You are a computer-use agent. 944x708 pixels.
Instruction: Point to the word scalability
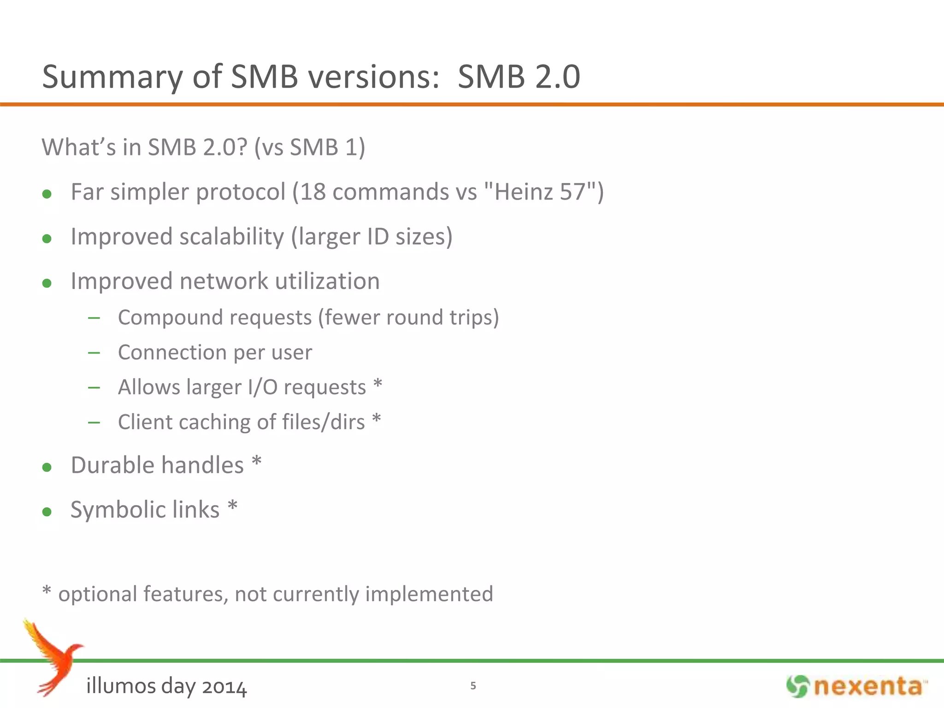pyautogui.click(x=231, y=237)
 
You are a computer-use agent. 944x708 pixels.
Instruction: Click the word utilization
pyautogui.click(x=327, y=281)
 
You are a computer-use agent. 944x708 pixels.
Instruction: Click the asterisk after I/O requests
pyautogui.click(x=378, y=384)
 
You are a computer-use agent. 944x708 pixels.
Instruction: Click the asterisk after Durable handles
pyautogui.click(x=257, y=462)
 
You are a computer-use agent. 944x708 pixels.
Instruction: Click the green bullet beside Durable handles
pyautogui.click(x=47, y=467)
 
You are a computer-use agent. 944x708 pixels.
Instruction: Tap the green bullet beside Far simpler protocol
pyautogui.click(x=47, y=194)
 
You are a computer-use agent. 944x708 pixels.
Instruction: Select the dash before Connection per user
pyautogui.click(x=94, y=353)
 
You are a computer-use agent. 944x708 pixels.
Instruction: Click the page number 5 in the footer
pyautogui.click(x=473, y=686)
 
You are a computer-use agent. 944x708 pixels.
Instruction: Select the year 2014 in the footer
pyautogui.click(x=224, y=687)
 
